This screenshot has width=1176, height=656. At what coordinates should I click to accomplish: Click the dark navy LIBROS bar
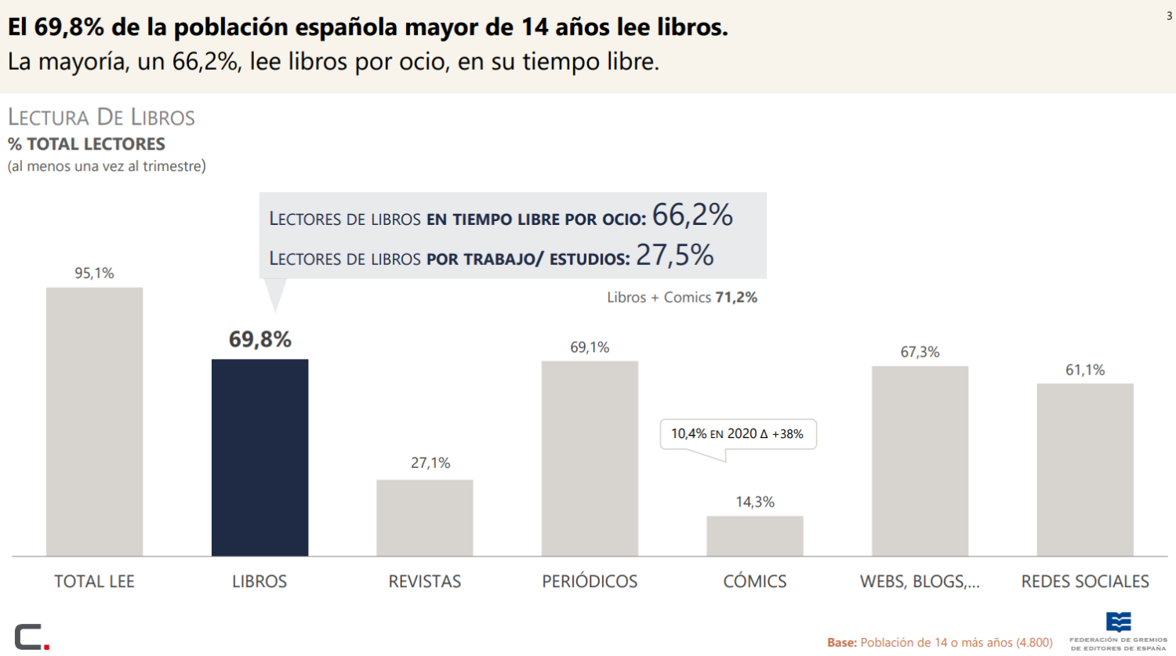pos(260,457)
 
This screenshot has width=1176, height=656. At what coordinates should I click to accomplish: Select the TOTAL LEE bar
pos(95,422)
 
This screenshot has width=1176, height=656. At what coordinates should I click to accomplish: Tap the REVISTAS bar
pos(425,517)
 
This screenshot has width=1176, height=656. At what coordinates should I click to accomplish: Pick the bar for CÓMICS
pos(755,536)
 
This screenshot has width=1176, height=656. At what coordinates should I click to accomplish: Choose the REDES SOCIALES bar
pos(1085,469)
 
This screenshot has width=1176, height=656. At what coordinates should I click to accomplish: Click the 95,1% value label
pos(95,273)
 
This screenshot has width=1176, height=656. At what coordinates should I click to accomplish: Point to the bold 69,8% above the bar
pos(260,339)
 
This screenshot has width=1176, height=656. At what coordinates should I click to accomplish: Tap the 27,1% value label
pos(430,463)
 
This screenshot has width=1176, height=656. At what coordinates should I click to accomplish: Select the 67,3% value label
pos(920,352)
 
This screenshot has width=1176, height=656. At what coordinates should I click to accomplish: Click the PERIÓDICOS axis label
pos(590,582)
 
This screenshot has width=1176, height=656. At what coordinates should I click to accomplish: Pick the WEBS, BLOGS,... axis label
pos(920,582)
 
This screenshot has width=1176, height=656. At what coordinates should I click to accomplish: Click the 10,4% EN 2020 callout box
pos(739,434)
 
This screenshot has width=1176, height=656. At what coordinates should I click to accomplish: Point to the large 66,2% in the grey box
pos(692,215)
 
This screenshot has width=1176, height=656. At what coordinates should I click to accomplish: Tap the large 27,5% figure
pos(674,255)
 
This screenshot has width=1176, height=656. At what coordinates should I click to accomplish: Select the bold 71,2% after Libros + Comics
pos(736,298)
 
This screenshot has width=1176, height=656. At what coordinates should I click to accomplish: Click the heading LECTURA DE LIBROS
pos(101,117)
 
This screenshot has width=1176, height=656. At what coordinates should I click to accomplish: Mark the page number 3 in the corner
pos(1169,16)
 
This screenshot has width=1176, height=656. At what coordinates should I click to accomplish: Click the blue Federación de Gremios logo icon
pos(1118,622)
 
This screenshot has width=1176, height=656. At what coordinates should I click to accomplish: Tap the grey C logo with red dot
pos(32,636)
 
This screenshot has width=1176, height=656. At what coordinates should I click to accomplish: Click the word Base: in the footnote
pos(841,643)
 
